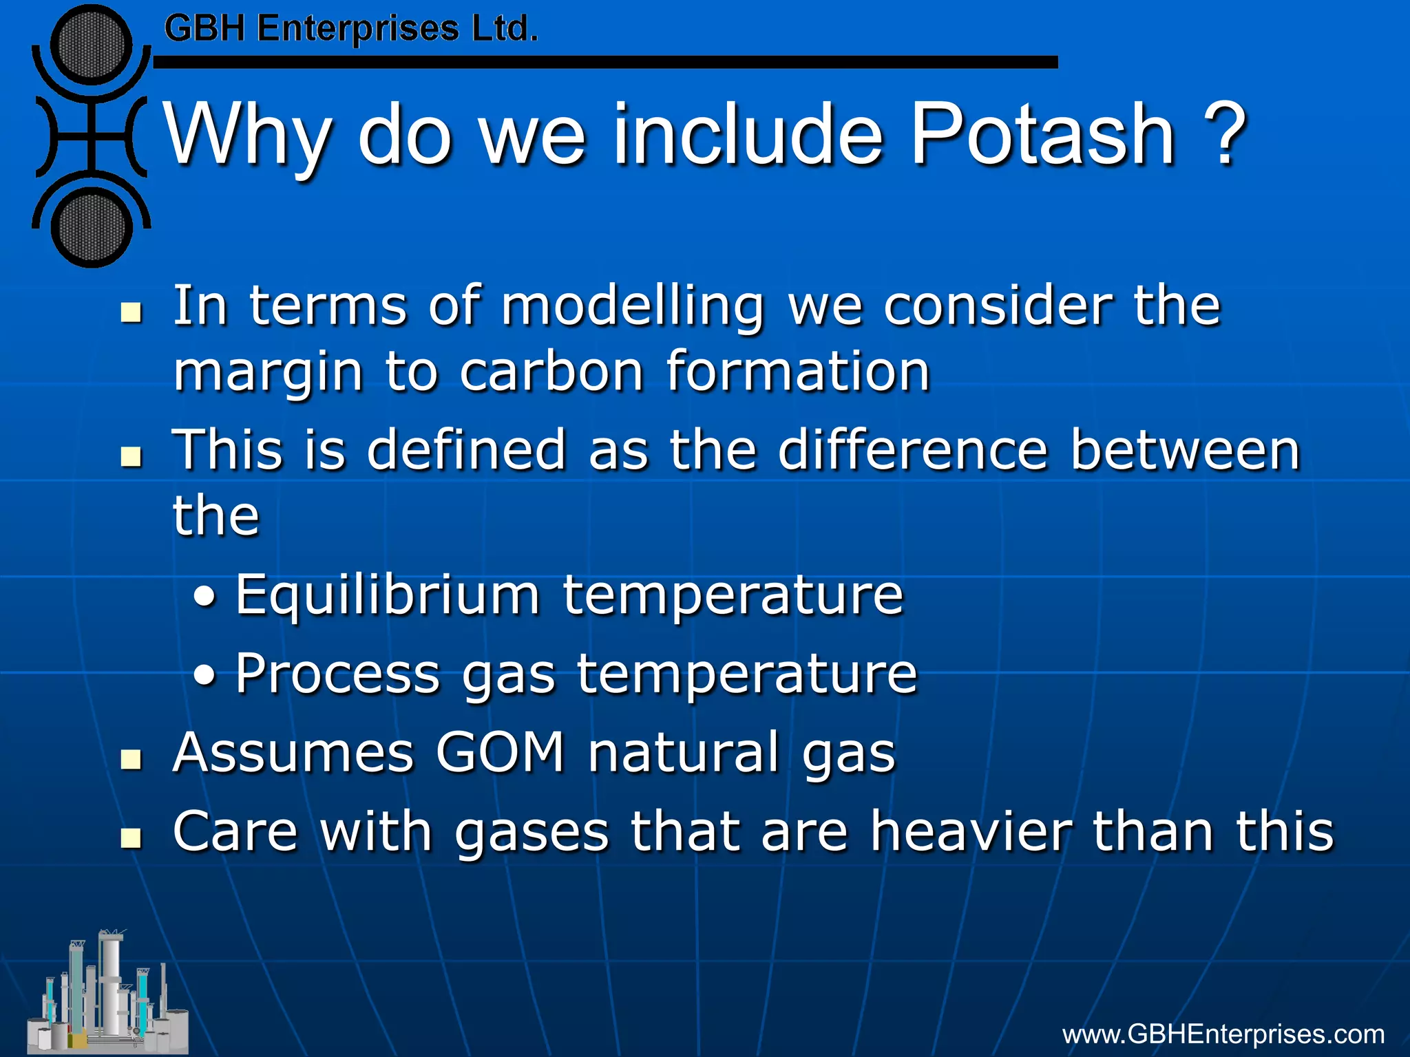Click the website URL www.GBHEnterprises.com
click(x=1223, y=1034)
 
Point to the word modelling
click(x=633, y=307)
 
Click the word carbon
click(x=551, y=372)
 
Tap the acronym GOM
click(x=501, y=752)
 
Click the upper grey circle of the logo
click(x=91, y=45)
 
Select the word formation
click(x=798, y=372)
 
